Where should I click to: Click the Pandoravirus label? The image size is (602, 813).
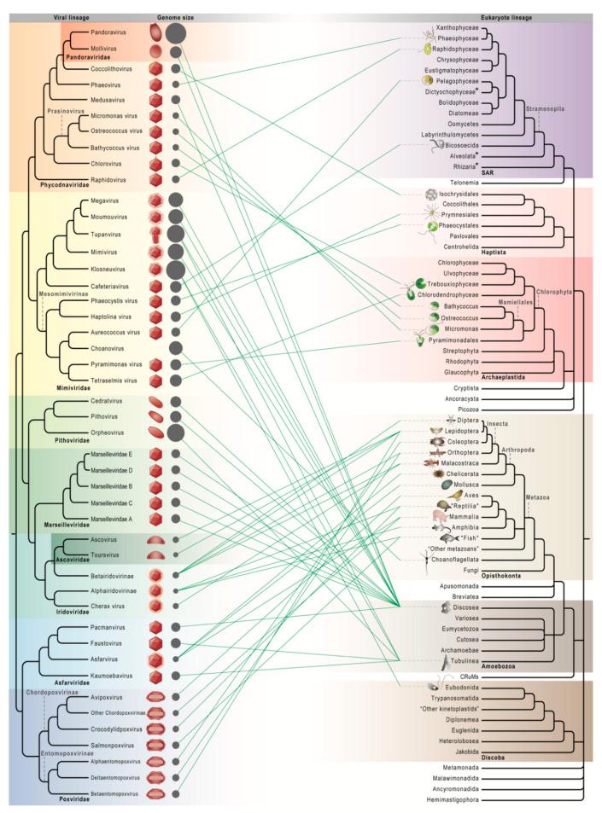point(108,33)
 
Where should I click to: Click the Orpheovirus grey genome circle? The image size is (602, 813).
point(176,433)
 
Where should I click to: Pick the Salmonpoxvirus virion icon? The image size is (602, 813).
point(155,745)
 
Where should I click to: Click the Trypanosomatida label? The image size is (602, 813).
point(467,697)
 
